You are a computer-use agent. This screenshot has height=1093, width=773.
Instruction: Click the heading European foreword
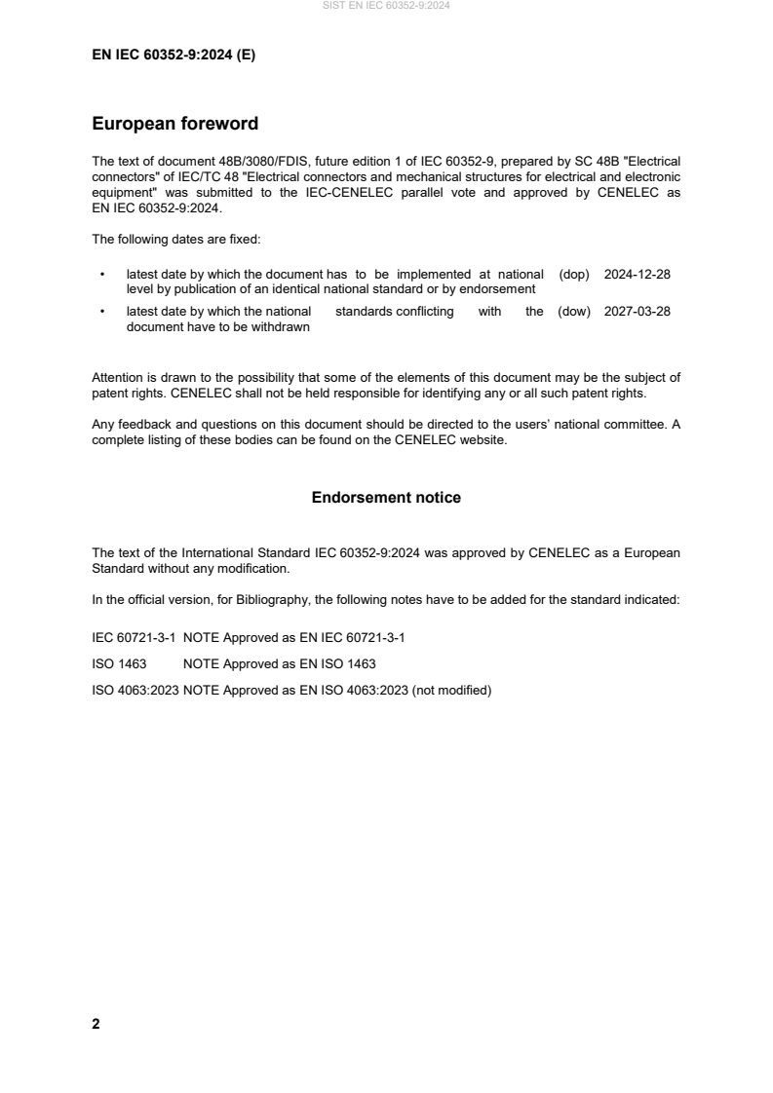(174, 124)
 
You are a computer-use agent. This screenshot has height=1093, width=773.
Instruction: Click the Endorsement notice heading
(386, 498)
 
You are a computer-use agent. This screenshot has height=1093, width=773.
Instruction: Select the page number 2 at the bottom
(96, 1024)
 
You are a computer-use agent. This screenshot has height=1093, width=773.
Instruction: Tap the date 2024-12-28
(637, 275)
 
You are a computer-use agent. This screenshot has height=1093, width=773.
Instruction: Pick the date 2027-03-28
(637, 312)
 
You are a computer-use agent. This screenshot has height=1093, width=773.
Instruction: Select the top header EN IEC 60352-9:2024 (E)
(174, 56)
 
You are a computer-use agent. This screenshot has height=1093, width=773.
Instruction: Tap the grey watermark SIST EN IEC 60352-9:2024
(386, 6)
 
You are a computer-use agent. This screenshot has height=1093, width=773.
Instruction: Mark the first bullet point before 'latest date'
(102, 276)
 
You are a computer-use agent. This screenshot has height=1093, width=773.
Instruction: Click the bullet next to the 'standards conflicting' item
(102, 313)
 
